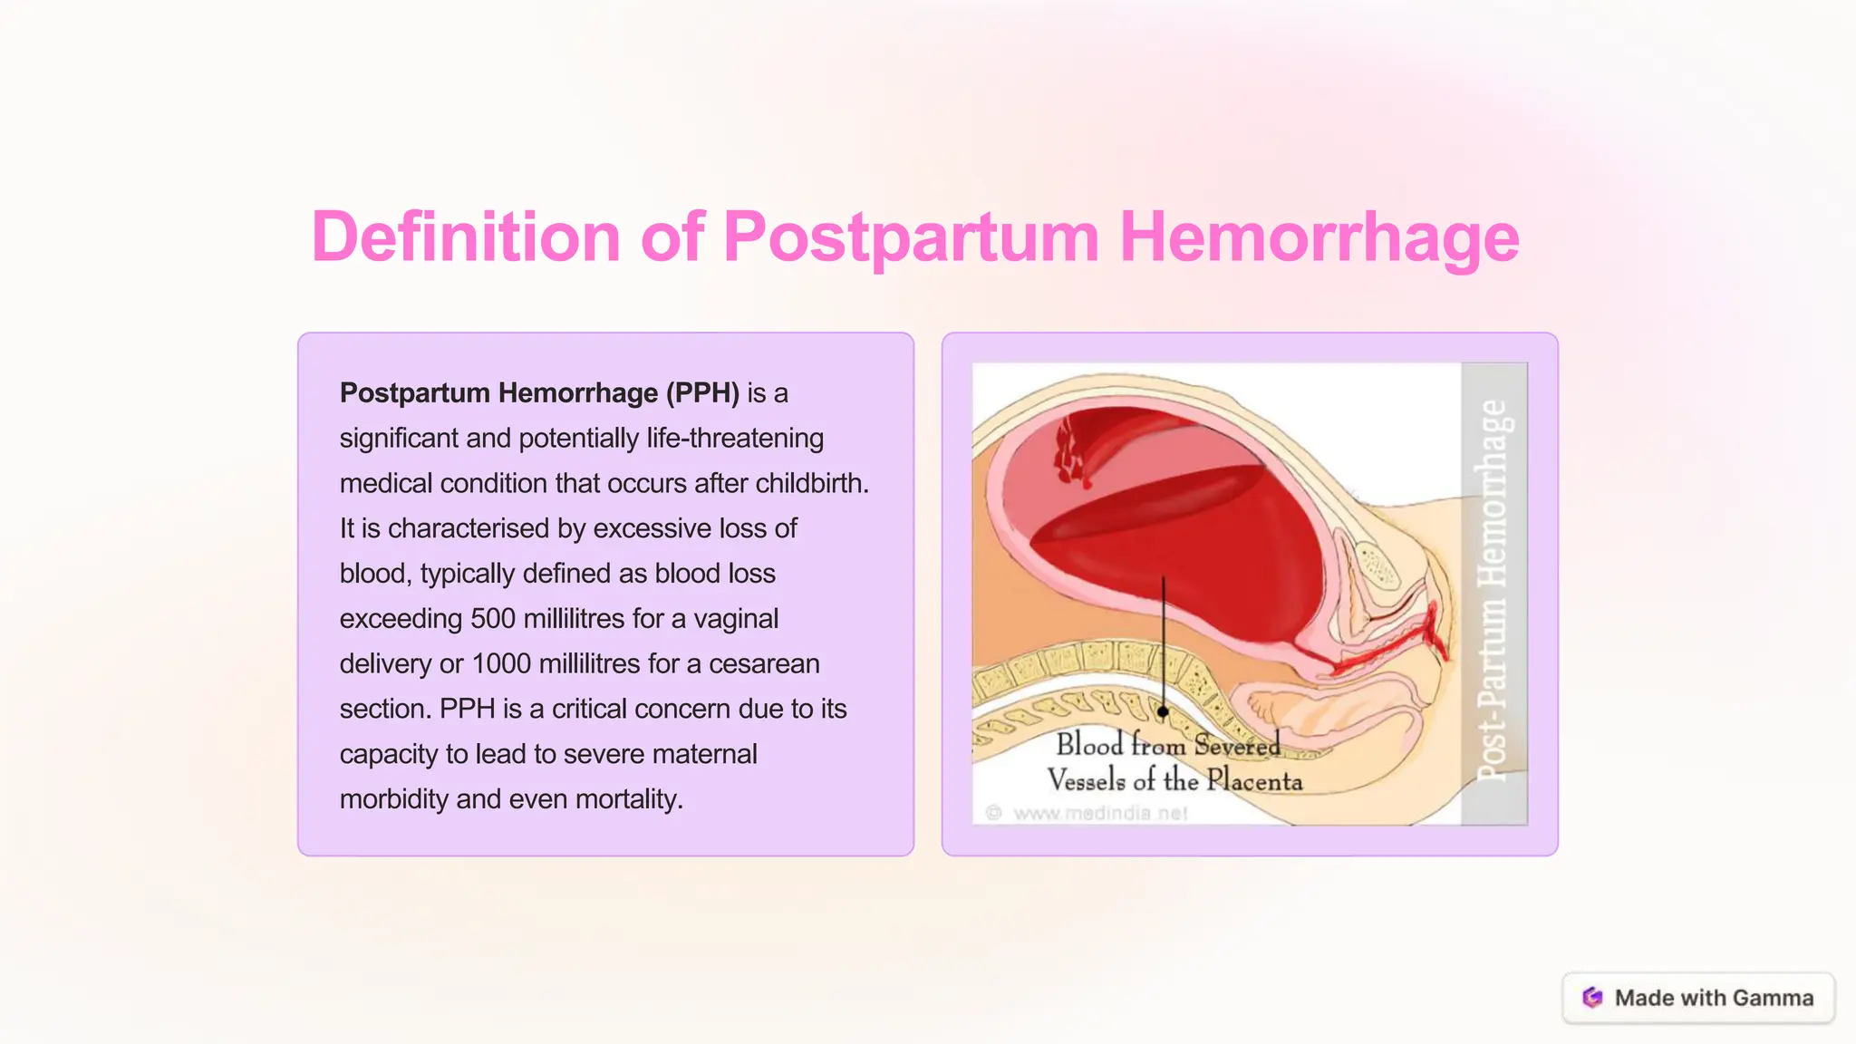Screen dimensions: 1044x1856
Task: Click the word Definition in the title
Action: click(465, 237)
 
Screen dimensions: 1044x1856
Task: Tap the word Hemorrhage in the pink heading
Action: click(1319, 237)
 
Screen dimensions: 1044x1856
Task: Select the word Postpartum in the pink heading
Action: click(911, 237)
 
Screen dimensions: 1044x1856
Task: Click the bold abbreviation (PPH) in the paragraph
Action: click(702, 393)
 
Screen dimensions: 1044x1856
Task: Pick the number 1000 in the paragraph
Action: click(501, 664)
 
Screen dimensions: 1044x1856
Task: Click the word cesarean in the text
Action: click(764, 664)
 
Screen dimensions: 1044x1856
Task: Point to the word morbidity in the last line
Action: click(394, 799)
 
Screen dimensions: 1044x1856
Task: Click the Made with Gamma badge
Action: click(1698, 998)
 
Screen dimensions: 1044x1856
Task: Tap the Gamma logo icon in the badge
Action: click(1592, 998)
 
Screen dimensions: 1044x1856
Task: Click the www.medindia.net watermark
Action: click(1099, 813)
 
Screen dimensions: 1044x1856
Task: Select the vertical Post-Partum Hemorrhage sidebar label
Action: click(1493, 591)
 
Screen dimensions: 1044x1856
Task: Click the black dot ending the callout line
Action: click(1163, 712)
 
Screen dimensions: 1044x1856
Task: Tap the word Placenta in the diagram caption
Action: click(1254, 780)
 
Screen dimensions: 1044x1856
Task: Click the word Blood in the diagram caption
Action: click(1089, 745)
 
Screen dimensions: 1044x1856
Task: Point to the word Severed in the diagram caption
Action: click(1236, 745)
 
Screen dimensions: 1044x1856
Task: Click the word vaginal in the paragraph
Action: click(736, 619)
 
